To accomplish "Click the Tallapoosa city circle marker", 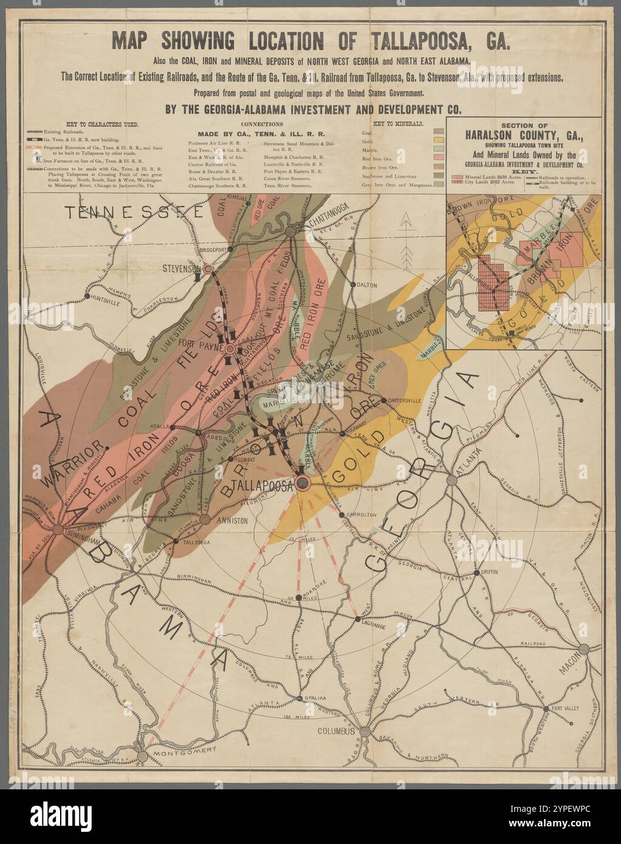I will [303, 483].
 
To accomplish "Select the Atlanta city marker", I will [452, 480].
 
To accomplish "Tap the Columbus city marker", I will [365, 732].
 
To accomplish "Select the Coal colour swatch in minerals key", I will [439, 131].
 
